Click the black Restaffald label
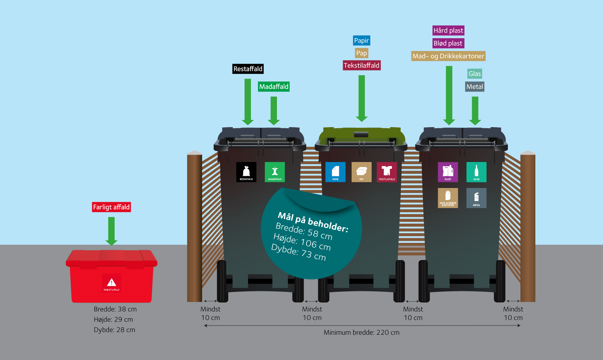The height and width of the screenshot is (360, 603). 248,69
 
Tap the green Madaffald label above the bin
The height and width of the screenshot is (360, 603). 274,87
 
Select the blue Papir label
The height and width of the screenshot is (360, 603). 361,41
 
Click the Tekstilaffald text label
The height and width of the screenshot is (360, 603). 362,65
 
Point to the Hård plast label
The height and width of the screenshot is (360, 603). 448,31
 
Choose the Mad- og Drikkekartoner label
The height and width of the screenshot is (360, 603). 448,56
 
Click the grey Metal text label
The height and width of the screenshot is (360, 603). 474,87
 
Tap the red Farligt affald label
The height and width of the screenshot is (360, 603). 111,207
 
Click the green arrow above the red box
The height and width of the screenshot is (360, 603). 111,231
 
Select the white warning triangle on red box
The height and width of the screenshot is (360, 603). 111,282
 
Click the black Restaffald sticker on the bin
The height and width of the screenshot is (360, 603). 246,172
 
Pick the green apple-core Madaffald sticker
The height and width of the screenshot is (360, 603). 275,172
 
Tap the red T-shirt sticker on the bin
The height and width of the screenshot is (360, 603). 387,172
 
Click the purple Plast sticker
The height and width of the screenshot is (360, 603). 448,172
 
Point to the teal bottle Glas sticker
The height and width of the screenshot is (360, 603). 476,172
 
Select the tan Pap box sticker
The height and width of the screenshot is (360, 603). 361,172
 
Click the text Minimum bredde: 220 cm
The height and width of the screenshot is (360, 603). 361,332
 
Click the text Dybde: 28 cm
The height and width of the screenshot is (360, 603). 114,330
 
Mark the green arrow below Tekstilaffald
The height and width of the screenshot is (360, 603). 362,98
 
